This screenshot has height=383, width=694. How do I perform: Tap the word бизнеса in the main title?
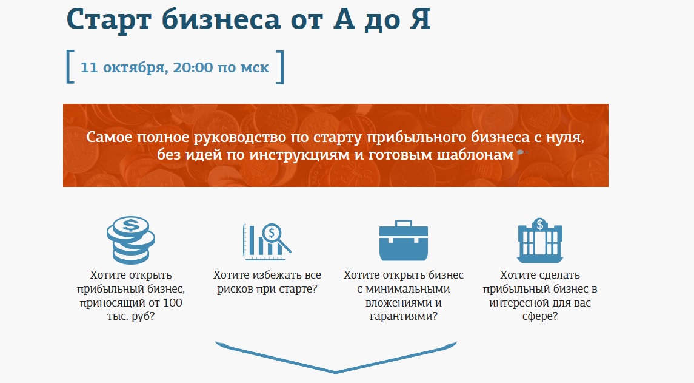(x=221, y=19)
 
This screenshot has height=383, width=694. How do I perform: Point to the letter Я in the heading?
(x=419, y=19)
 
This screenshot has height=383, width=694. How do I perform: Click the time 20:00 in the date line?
(x=193, y=67)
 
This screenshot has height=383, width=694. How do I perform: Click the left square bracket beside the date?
(x=70, y=67)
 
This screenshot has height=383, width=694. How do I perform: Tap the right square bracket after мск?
(x=280, y=67)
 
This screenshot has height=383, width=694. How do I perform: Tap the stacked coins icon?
(x=131, y=240)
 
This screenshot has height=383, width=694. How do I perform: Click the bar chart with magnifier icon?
(x=267, y=241)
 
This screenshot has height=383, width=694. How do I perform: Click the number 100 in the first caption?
(x=173, y=303)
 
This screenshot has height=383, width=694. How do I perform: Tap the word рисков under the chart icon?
(x=234, y=290)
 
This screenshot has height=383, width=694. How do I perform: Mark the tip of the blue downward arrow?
(x=336, y=372)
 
